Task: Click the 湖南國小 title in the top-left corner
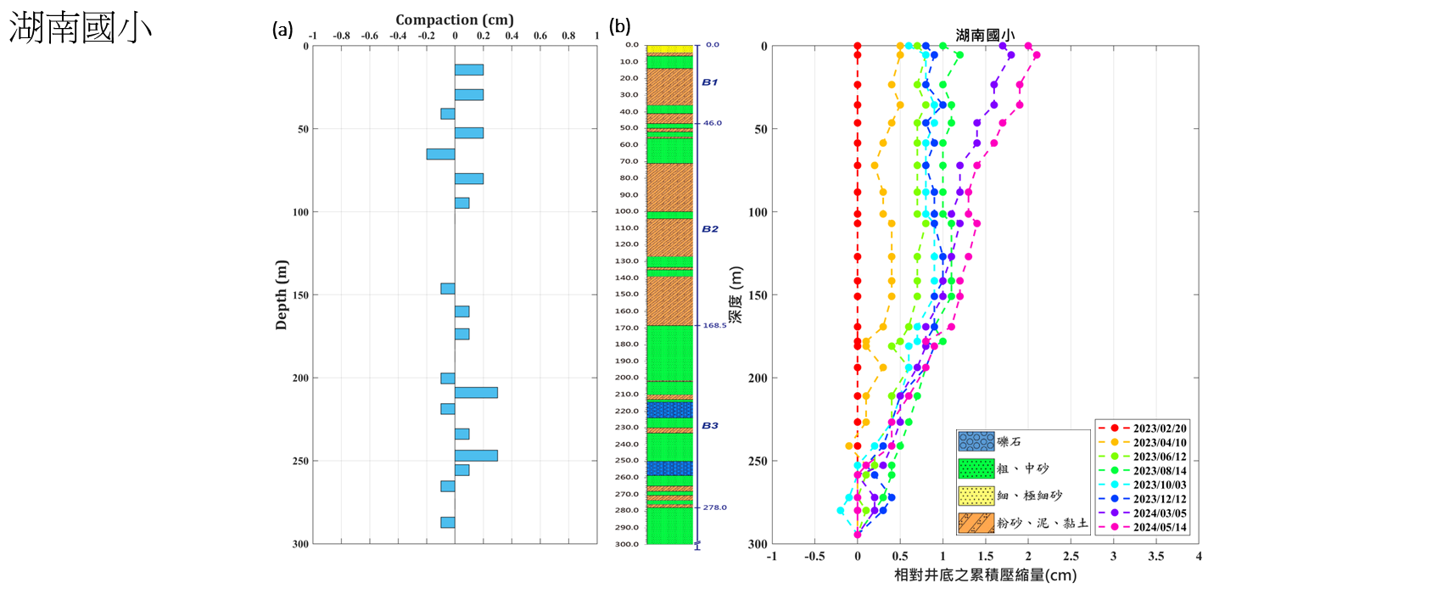[81, 28]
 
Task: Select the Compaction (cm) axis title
[454, 20]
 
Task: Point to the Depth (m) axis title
[282, 294]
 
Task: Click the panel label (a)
[282, 30]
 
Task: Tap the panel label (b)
[619, 26]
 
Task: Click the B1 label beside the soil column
[710, 82]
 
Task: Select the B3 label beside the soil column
[710, 426]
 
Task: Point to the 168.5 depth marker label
[714, 325]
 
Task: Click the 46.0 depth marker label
[713, 123]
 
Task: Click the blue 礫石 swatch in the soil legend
[976, 441]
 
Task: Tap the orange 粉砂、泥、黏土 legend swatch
[976, 523]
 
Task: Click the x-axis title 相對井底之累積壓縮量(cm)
[985, 575]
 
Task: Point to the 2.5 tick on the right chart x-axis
[1071, 557]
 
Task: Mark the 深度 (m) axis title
[735, 294]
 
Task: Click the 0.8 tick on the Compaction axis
[568, 36]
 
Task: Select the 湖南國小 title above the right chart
[984, 35]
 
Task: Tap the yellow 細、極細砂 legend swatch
[976, 496]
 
